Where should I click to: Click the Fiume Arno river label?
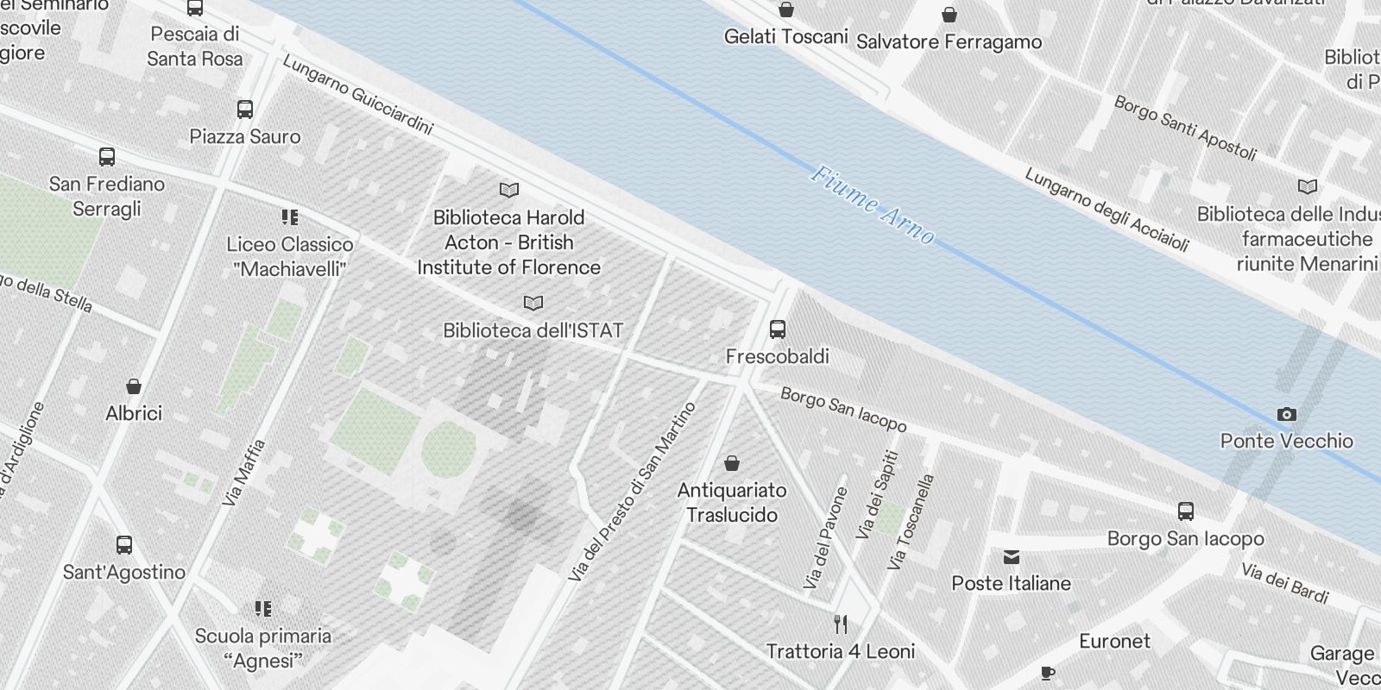(872, 205)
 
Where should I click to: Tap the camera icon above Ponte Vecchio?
(1286, 415)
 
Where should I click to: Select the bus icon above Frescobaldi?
(777, 329)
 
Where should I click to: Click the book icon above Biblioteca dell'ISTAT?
(533, 303)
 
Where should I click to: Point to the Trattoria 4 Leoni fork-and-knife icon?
(841, 624)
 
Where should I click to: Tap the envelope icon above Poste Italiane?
(1012, 556)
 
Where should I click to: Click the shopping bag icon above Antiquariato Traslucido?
(732, 463)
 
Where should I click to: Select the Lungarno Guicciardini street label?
(357, 95)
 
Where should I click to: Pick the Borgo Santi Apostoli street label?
(1184, 128)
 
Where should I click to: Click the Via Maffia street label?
(243, 473)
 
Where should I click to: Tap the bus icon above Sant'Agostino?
(124, 544)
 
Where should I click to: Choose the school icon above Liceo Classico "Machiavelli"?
(290, 216)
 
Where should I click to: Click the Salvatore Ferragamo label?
(949, 41)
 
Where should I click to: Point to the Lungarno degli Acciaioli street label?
(1107, 209)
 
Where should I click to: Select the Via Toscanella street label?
(911, 522)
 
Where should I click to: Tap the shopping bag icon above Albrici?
(134, 386)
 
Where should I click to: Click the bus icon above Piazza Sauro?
(245, 110)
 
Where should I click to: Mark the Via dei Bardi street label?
(1284, 582)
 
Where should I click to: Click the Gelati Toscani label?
(785, 36)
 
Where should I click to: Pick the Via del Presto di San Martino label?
(633, 491)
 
